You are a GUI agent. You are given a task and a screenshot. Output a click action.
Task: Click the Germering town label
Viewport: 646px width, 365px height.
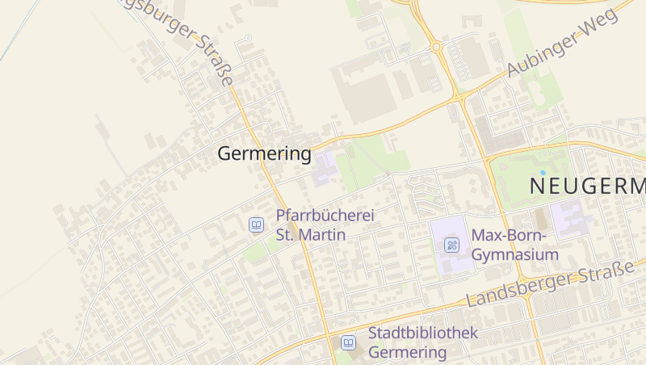click(x=264, y=153)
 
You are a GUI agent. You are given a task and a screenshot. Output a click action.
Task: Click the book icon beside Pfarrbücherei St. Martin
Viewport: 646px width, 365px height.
click(x=256, y=225)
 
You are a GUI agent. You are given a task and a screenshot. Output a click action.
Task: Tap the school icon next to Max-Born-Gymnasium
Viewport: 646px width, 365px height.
click(x=451, y=245)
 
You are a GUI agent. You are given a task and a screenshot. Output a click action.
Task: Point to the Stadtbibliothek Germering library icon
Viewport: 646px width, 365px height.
click(x=348, y=342)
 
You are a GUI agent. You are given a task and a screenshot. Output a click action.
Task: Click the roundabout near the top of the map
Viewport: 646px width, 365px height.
click(x=436, y=47)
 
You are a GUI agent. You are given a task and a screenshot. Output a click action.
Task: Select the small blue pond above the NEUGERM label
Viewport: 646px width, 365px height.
click(x=543, y=172)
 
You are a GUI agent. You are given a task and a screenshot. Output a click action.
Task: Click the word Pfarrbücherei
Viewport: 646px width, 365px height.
click(x=325, y=216)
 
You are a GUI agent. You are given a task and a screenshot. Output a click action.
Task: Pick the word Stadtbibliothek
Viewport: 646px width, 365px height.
click(x=423, y=333)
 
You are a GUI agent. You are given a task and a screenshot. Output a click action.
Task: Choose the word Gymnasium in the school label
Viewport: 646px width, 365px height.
click(x=515, y=255)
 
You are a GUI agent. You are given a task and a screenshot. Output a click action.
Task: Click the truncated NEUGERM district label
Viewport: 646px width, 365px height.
click(x=587, y=187)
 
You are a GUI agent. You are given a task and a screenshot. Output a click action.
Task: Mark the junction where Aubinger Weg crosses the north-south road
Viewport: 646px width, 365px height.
click(x=459, y=96)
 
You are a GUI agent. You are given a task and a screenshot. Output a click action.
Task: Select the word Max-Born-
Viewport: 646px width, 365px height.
click(x=510, y=236)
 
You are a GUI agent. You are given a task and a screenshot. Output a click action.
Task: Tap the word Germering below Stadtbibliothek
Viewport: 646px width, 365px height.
click(x=407, y=352)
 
